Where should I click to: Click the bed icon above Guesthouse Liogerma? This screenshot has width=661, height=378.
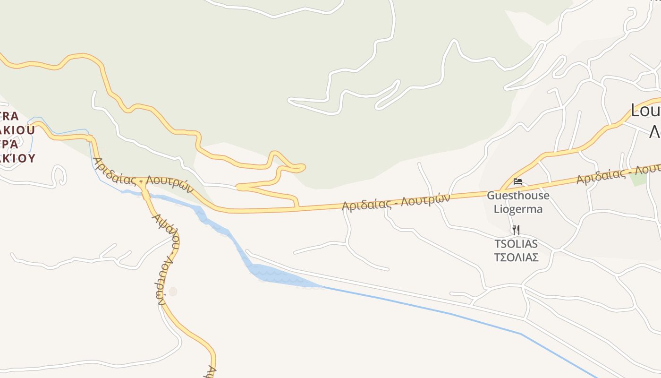pos(518,181)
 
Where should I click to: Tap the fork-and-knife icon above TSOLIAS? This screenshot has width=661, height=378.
pos(516,230)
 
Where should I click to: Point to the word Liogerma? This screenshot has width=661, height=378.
pos(518,209)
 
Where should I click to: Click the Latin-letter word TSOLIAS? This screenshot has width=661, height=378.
pos(516,244)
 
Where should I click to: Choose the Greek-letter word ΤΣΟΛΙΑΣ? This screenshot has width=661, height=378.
pos(516,258)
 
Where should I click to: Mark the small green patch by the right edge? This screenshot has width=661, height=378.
pos(639,179)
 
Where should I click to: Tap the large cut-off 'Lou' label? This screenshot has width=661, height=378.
pos(645,112)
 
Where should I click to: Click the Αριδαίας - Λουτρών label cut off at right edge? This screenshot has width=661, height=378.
pos(619,175)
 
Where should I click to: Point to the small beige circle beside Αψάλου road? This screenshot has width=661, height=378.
pos(173,292)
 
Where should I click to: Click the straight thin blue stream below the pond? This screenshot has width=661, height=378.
pos(449,313)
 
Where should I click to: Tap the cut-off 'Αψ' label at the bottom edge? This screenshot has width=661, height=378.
pos(212,371)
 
